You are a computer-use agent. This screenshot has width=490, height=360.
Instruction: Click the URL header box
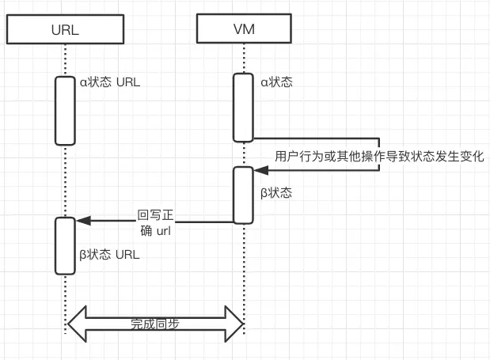[66, 29]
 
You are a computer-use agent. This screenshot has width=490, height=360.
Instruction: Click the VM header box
[244, 28]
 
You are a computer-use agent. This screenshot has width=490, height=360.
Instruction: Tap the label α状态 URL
[110, 82]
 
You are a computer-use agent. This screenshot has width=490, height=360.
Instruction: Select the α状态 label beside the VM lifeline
[276, 82]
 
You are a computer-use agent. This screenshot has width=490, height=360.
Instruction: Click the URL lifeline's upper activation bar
[66, 111]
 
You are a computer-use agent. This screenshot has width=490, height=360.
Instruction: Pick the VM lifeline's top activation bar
[243, 108]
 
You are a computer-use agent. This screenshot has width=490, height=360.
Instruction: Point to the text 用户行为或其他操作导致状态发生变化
[379, 156]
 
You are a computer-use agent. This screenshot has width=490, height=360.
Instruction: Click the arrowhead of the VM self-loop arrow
[261, 170]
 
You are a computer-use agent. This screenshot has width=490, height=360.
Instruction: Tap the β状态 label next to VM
[276, 192]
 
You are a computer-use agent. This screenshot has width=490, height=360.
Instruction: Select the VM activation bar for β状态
[243, 195]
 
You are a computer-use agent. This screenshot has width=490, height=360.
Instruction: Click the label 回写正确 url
[155, 223]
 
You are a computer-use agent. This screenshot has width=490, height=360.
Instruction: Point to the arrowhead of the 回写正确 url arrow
[83, 221]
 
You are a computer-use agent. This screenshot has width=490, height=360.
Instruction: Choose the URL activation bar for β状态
[66, 246]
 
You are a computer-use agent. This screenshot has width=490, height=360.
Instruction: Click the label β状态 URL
[109, 255]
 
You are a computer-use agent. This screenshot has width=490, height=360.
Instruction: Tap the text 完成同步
[155, 324]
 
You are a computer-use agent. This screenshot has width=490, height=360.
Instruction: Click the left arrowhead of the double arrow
[77, 324]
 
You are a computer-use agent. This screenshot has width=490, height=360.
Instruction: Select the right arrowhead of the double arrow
[234, 324]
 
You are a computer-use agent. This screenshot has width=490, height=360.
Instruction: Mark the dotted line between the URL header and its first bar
[66, 60]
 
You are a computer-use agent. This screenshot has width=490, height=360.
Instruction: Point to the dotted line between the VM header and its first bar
[244, 59]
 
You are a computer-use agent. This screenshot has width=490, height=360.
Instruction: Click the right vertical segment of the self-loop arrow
[379, 154]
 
